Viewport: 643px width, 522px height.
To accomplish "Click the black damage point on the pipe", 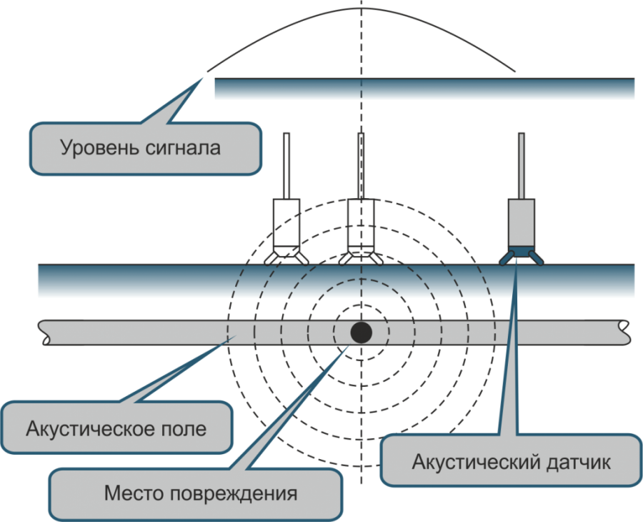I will tap(361, 332).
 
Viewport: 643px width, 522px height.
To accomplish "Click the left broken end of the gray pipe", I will tap(44, 333).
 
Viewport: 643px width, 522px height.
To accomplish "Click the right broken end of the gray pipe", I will tap(627, 333).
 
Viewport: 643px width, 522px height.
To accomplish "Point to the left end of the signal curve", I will tap(208, 70).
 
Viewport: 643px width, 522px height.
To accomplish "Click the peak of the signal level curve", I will tap(362, 8).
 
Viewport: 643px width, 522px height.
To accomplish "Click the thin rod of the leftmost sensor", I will tap(286, 164).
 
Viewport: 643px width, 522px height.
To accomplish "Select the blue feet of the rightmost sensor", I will tap(522, 256).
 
